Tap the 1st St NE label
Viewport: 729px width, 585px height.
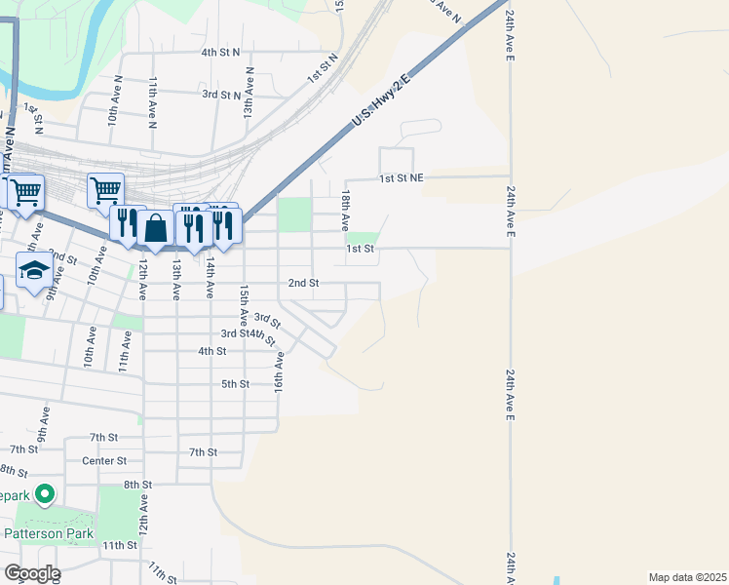tap(402, 178)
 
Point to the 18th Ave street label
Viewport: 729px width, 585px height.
tap(344, 212)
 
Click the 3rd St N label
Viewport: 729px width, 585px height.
tap(220, 95)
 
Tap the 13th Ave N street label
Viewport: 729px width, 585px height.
tap(249, 94)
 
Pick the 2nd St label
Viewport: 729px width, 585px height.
tap(303, 283)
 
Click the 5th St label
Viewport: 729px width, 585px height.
tap(236, 384)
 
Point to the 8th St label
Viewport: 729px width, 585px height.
tap(137, 484)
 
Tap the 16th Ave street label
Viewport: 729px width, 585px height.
tap(279, 372)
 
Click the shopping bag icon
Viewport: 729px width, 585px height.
tap(155, 228)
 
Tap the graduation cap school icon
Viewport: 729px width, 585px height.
tap(34, 271)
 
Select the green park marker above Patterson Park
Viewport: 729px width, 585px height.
tap(45, 496)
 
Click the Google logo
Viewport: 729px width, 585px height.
tap(31, 573)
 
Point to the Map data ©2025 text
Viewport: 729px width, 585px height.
tap(687, 577)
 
